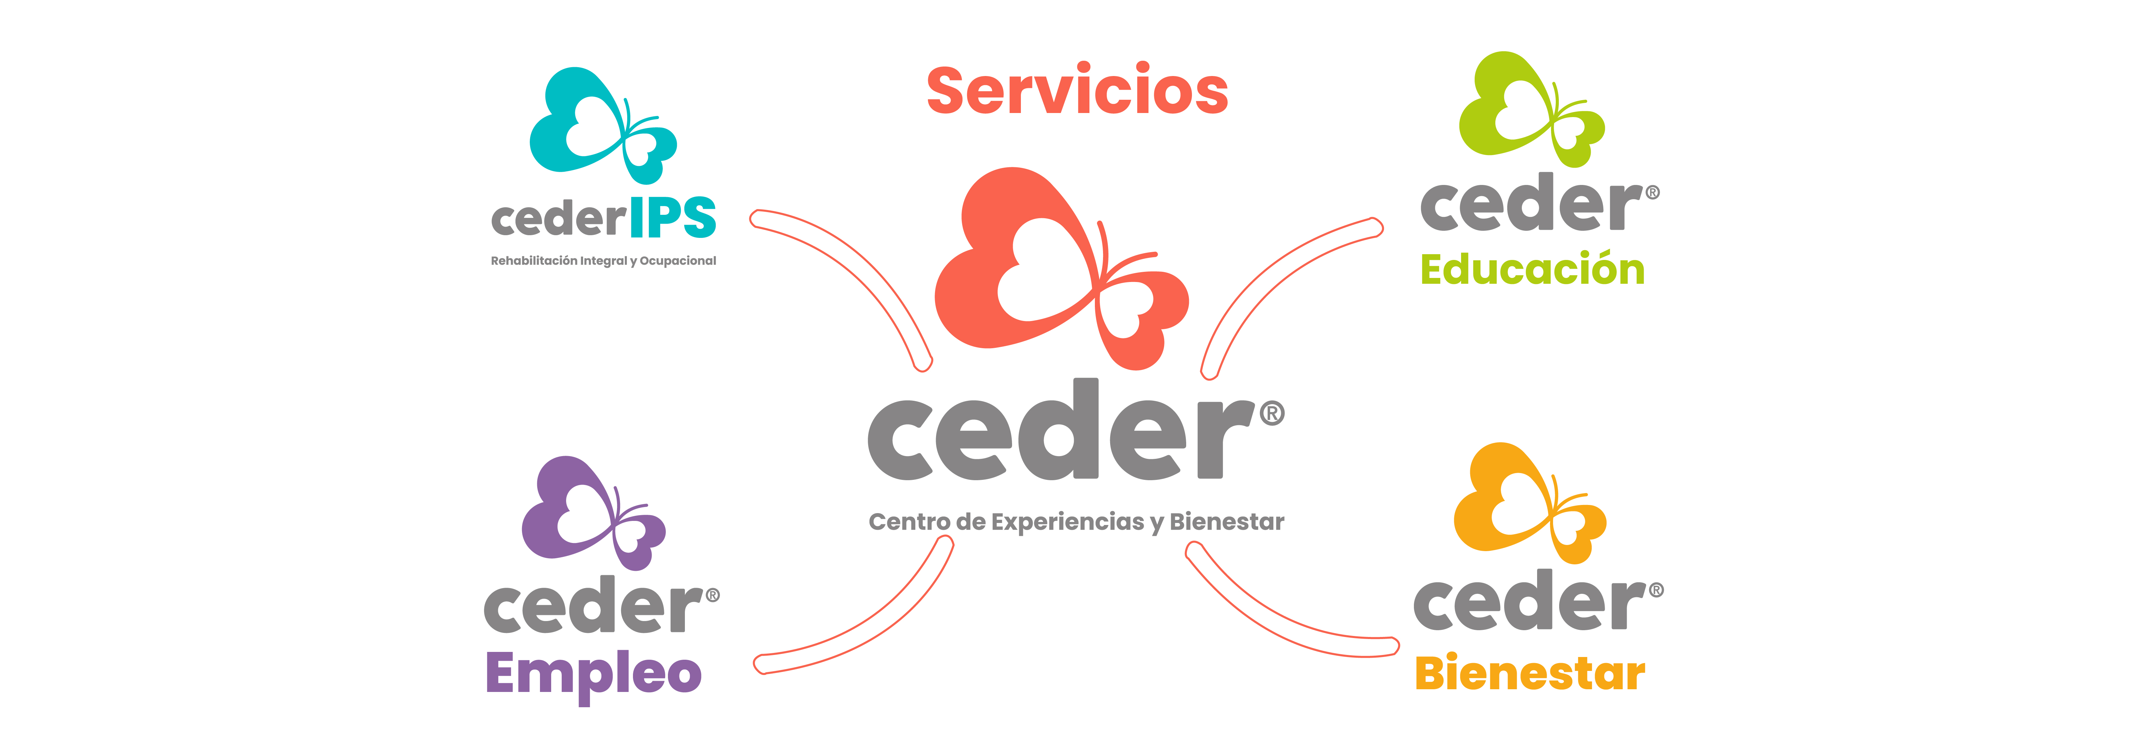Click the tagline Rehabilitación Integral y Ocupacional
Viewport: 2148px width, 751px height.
[603, 261]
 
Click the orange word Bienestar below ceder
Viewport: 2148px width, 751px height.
[1530, 674]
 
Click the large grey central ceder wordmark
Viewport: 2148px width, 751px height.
[1059, 433]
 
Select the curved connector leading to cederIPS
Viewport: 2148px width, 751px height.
[859, 267]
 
